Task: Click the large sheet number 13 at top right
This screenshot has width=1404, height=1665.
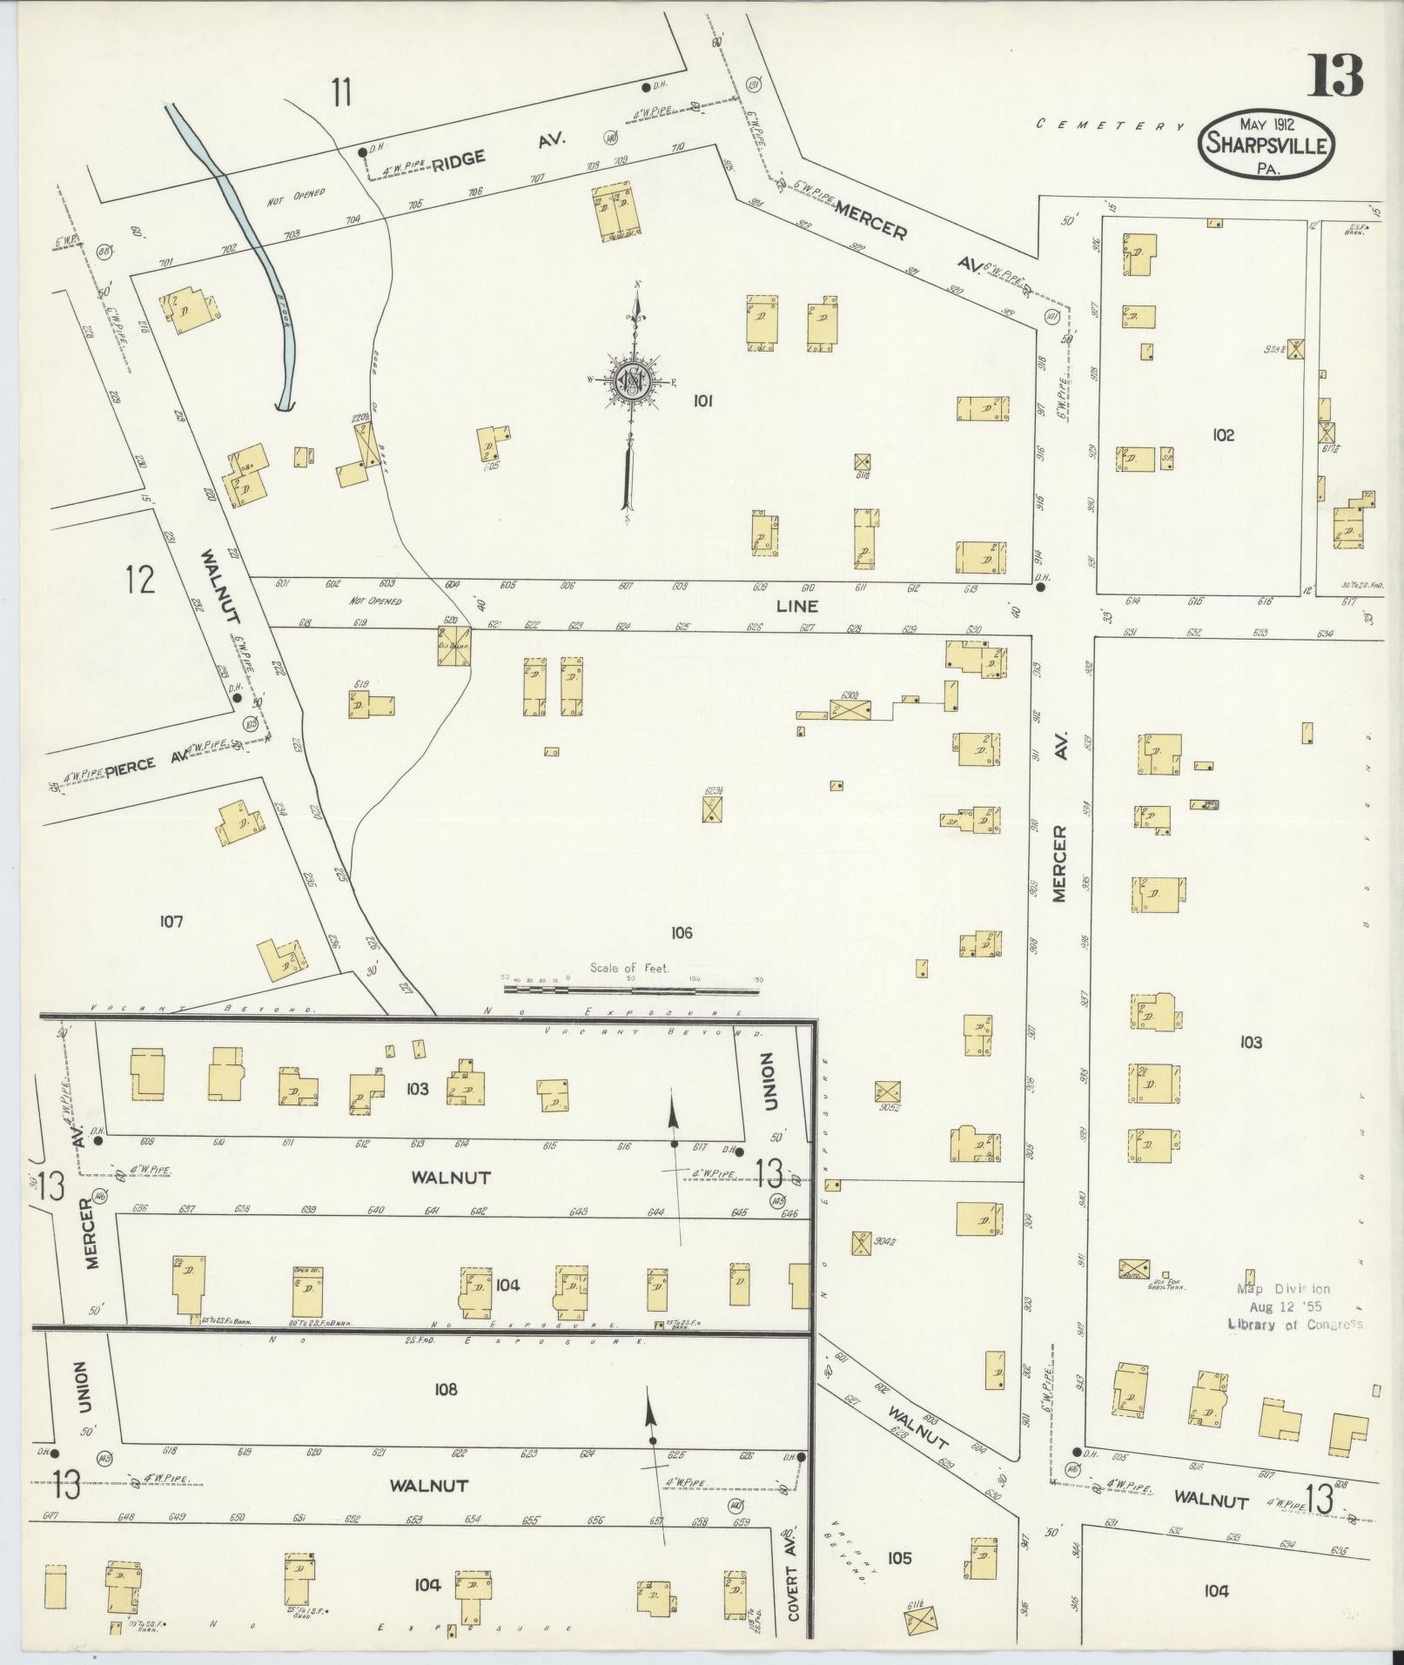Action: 1333,76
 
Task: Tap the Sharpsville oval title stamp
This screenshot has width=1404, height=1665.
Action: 1267,145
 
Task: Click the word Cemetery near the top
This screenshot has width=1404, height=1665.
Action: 1111,125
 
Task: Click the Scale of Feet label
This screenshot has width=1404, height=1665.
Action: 628,967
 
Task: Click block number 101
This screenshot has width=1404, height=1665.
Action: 703,400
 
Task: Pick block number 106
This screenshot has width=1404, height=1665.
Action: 681,933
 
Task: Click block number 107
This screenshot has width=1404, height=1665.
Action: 171,921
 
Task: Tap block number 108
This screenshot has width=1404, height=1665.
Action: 446,1390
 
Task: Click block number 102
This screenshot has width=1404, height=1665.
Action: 1223,434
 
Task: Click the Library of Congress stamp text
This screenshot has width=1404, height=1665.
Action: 1294,1325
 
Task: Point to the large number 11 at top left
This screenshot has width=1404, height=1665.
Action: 340,91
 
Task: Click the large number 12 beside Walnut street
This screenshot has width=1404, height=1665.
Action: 139,579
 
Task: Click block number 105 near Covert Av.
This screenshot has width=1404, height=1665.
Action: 899,1558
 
